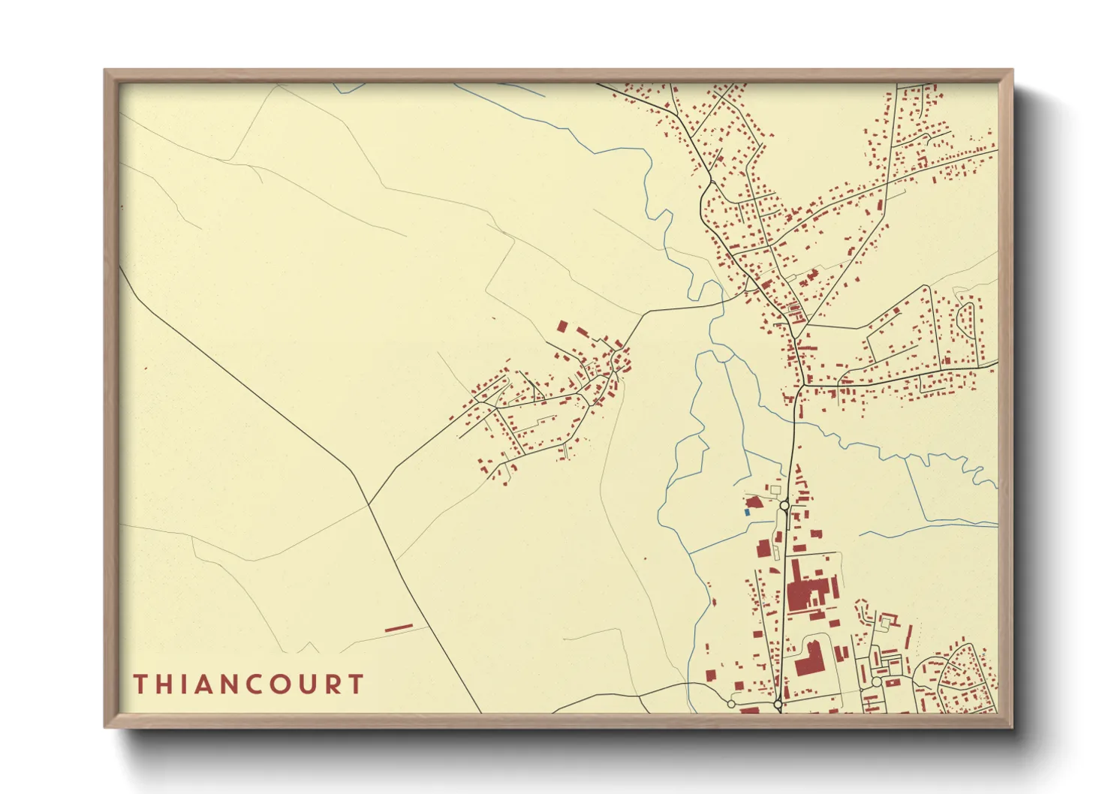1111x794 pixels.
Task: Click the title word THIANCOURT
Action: click(248, 684)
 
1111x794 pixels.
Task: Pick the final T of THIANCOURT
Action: click(356, 684)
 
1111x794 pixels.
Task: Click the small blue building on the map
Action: click(747, 512)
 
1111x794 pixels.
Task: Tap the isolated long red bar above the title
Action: click(399, 627)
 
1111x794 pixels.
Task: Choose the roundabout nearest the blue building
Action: click(784, 507)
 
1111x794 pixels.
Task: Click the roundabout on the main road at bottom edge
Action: click(778, 705)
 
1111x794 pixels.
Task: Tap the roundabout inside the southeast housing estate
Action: click(875, 682)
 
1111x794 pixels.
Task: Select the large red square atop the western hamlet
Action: click(562, 326)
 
